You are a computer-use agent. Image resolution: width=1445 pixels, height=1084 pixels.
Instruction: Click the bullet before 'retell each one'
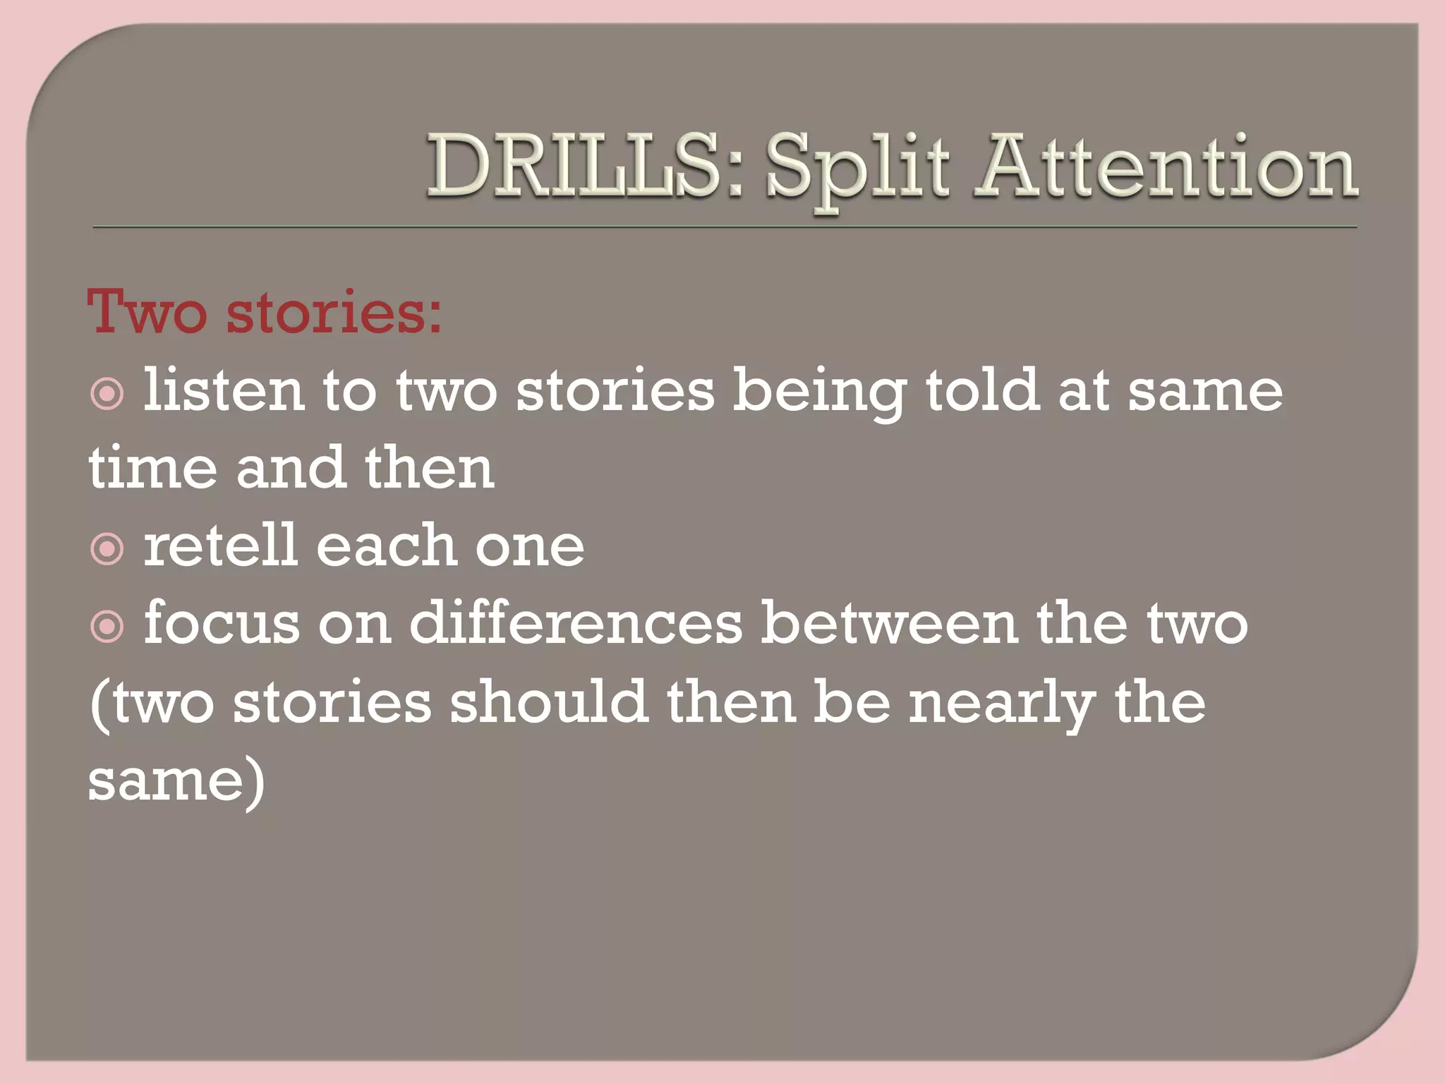(x=107, y=549)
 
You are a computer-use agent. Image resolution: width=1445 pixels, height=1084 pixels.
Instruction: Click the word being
(x=819, y=392)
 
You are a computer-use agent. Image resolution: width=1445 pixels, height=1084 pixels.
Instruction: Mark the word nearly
(x=1002, y=704)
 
